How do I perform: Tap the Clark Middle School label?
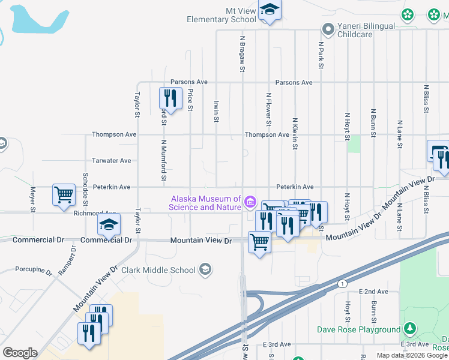pyautogui.click(x=158, y=270)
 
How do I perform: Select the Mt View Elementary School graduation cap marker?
pyautogui.click(x=270, y=10)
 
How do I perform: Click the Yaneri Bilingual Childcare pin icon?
pyautogui.click(x=328, y=28)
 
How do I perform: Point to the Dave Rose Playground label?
pyautogui.click(x=359, y=329)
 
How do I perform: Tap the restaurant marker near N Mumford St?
pyautogui.click(x=170, y=98)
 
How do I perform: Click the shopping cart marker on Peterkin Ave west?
pyautogui.click(x=64, y=194)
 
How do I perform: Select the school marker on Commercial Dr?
pyautogui.click(x=109, y=225)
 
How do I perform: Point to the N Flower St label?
pyautogui.click(x=268, y=109)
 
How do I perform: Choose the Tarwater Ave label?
pyautogui.click(x=111, y=161)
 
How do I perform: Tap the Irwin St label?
pyautogui.click(x=215, y=110)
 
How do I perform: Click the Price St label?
pyautogui.click(x=190, y=100)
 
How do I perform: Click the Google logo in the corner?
pyautogui.click(x=20, y=353)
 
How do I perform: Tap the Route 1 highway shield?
pyautogui.click(x=342, y=283)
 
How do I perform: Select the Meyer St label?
pyautogui.click(x=33, y=200)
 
